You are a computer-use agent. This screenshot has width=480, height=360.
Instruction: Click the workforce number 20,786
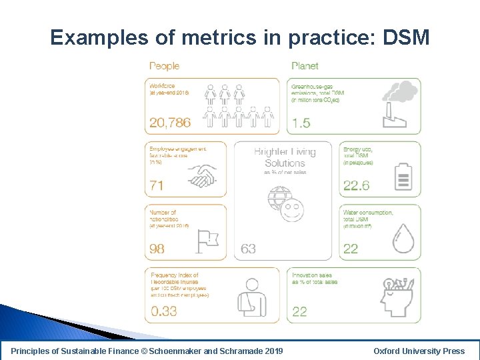coord(170,123)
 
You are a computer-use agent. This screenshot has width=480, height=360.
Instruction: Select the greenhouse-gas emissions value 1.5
coord(301,123)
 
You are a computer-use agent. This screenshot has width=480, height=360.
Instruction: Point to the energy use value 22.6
coord(356,186)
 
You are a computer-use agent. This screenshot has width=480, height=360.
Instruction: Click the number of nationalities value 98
coord(158,249)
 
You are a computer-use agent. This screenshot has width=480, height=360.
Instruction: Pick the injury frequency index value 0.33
coord(164,311)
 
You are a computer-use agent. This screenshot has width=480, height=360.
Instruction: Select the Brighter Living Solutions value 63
coord(248,249)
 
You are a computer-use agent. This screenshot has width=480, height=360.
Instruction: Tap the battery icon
coord(403,177)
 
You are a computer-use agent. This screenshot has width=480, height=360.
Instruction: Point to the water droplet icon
coord(403,237)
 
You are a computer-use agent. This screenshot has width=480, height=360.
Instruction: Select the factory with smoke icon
coord(399,104)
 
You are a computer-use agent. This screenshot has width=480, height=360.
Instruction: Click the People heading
coord(164,66)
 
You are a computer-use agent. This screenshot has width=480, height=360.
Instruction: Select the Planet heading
coord(305,66)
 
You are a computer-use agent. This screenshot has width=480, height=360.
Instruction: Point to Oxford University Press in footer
coord(419,351)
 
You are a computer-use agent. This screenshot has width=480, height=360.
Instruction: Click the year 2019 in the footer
coord(273,351)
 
